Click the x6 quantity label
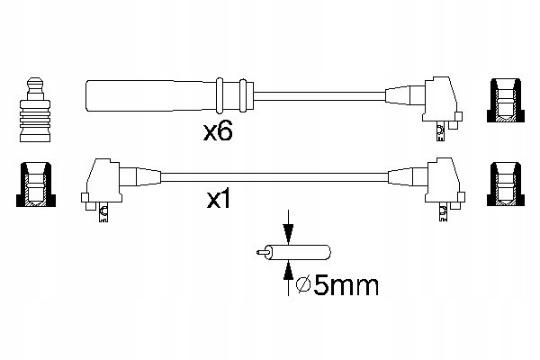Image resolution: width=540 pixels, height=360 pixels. [x=219, y=132]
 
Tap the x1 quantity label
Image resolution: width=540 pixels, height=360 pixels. [x=221, y=200]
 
